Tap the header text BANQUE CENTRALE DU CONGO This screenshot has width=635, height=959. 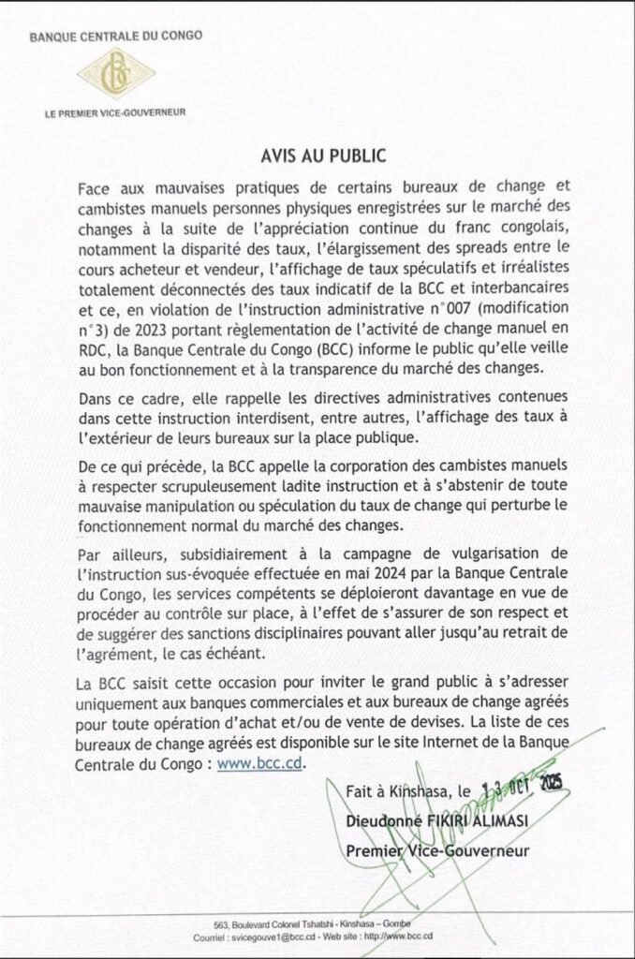pyautogui.click(x=115, y=38)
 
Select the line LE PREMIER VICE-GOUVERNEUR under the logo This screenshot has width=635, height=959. pyautogui.click(x=115, y=112)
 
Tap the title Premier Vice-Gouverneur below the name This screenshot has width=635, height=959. pyautogui.click(x=437, y=850)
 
